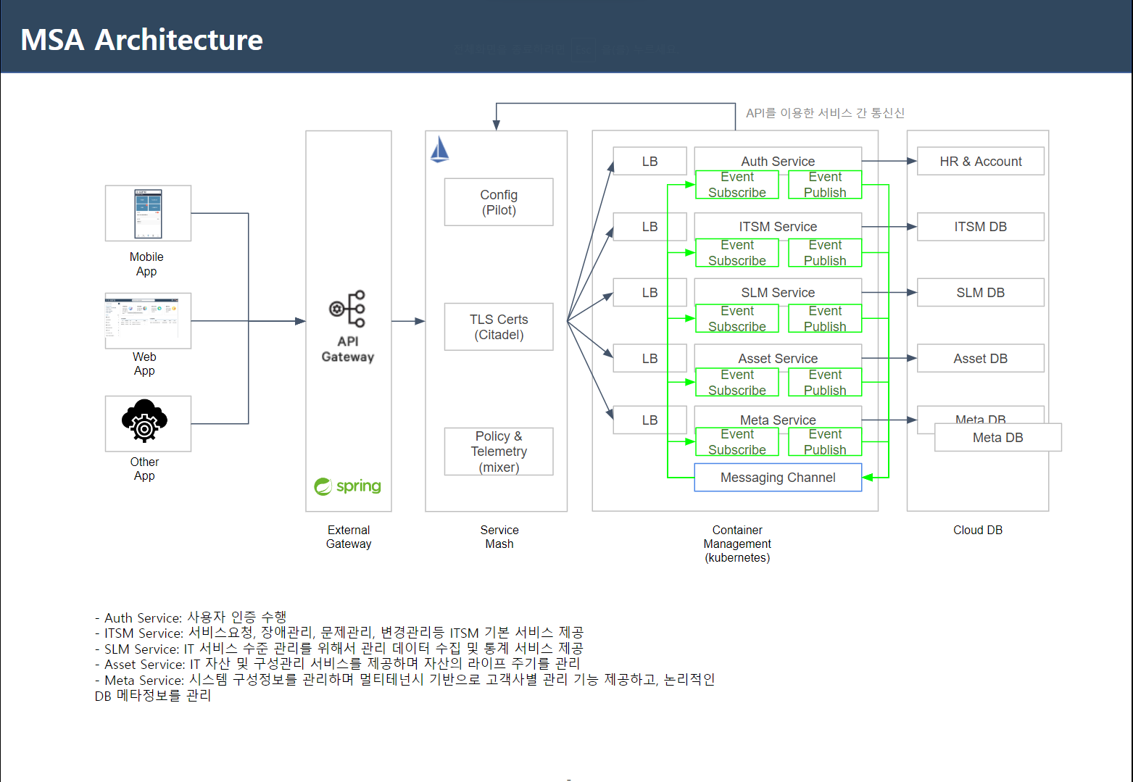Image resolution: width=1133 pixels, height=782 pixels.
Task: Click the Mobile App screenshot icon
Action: coord(148,213)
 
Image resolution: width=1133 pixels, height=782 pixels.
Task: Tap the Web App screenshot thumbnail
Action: coord(148,320)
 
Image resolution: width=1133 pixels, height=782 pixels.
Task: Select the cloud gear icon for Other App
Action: coord(145,421)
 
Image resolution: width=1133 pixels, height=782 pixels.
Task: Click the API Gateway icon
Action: coord(348,309)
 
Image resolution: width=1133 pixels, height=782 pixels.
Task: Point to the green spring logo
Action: coord(348,486)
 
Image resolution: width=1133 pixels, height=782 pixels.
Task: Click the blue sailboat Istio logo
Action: coord(439,149)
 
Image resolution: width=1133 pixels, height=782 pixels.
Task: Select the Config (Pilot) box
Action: coord(499,202)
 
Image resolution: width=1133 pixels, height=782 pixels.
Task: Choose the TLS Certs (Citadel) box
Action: coord(499,327)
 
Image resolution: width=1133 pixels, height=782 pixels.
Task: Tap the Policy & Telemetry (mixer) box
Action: coord(499,452)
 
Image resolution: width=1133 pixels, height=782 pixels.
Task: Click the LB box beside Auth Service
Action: coord(649,162)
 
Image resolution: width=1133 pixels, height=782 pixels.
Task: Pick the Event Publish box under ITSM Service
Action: coord(825,253)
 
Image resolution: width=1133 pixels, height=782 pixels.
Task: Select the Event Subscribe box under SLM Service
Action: coord(737,319)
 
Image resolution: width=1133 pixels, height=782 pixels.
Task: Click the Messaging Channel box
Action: coord(778,478)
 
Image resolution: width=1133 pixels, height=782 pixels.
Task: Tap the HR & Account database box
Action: coord(980,162)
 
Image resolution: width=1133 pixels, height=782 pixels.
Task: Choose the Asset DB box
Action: coord(980,359)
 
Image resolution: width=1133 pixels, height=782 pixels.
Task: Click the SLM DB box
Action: coord(980,293)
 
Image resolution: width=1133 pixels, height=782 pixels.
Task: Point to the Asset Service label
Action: coord(778,359)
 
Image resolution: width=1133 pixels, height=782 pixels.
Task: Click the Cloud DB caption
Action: coord(977,531)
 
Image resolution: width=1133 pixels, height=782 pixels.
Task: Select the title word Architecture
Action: coord(179,40)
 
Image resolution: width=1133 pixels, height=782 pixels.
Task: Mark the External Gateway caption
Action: coord(349,537)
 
